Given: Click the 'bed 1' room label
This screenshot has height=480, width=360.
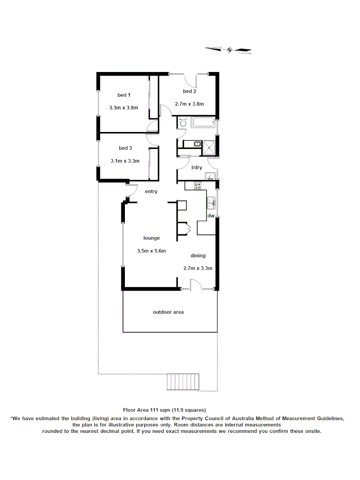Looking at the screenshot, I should (x=124, y=95).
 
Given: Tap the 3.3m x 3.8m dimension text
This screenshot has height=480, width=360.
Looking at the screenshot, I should (x=124, y=108).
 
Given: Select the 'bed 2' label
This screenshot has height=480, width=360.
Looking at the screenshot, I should (x=190, y=92).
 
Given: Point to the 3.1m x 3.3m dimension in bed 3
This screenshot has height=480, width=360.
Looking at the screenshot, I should (x=125, y=161).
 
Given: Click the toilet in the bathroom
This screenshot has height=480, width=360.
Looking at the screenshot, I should (x=182, y=122).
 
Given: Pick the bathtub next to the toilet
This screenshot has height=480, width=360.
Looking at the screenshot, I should (x=203, y=122).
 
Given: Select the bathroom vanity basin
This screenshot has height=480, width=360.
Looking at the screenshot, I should (x=196, y=143).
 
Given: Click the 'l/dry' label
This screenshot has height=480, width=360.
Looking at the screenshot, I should (x=197, y=168).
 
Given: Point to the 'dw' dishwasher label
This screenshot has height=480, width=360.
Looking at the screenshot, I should (x=212, y=216).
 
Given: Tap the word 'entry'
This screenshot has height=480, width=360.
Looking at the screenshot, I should (x=152, y=192).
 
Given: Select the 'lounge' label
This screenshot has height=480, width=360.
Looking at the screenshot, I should (x=152, y=238).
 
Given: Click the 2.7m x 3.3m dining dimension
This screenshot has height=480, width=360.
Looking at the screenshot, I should (x=198, y=268).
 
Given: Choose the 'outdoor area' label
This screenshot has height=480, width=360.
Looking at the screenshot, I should (x=168, y=312).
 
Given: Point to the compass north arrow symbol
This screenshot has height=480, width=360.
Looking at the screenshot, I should (x=229, y=50).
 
